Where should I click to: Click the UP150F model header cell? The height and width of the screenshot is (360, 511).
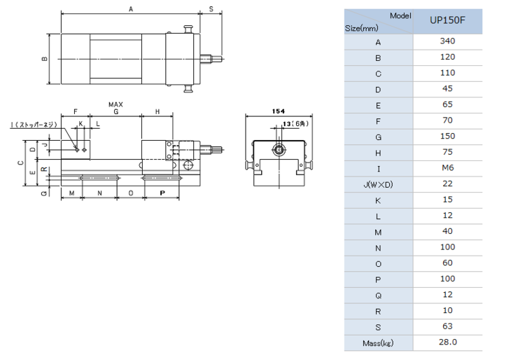coord(447,21)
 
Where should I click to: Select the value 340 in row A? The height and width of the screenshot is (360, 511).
coord(447,41)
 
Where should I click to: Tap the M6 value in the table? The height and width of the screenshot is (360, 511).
coord(447,168)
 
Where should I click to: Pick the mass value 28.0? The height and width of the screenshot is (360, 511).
coord(447,342)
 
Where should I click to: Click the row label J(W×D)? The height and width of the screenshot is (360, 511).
coord(378,184)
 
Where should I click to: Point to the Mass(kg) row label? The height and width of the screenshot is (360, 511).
coord(378,342)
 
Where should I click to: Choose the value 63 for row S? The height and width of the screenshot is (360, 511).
coord(447,326)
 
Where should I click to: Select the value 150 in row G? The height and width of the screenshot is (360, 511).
coord(447,137)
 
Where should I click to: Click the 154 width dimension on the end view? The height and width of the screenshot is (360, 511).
coord(278,111)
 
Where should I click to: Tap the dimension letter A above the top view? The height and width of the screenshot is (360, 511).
coord(130,9)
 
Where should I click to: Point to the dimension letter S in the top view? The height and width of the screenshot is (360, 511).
coord(211,9)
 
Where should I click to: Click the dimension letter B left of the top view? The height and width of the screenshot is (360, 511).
coord(45,59)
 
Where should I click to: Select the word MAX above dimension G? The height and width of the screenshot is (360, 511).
coord(115,104)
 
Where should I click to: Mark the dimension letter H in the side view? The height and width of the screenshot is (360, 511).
coord(157,112)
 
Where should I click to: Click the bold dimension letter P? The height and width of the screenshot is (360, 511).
coord(162,192)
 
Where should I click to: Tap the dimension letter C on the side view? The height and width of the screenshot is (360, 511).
coord(21,162)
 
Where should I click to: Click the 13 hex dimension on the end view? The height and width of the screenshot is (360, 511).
coord(293,123)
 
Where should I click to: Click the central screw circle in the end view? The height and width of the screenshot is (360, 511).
coord(279,150)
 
